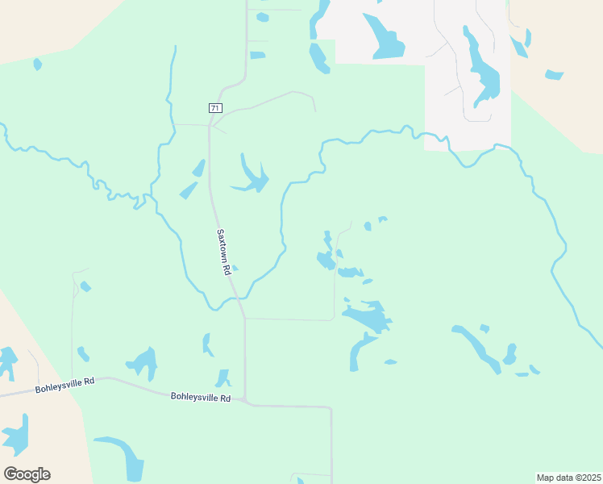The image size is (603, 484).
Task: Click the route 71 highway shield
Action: click(x=214, y=108)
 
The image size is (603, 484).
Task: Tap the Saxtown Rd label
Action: click(x=224, y=253)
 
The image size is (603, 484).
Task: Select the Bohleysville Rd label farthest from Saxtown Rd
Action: click(x=64, y=385)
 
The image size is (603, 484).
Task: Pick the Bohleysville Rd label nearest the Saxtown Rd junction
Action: click(x=201, y=398)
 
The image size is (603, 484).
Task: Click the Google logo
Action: click(x=27, y=474)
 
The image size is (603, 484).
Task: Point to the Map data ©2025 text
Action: click(x=568, y=478)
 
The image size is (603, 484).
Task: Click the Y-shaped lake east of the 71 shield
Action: click(x=253, y=177)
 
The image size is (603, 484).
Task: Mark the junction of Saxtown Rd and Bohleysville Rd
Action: click(x=245, y=401)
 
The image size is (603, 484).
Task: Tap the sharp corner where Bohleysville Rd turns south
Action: click(x=331, y=407)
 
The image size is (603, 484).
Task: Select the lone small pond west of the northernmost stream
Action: click(x=37, y=64)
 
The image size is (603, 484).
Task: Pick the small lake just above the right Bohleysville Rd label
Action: click(x=222, y=378)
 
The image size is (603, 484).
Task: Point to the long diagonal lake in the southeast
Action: click(x=476, y=347)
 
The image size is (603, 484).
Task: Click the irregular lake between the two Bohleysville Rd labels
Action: click(x=143, y=361)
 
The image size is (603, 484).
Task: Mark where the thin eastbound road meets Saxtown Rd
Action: click(x=245, y=319)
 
